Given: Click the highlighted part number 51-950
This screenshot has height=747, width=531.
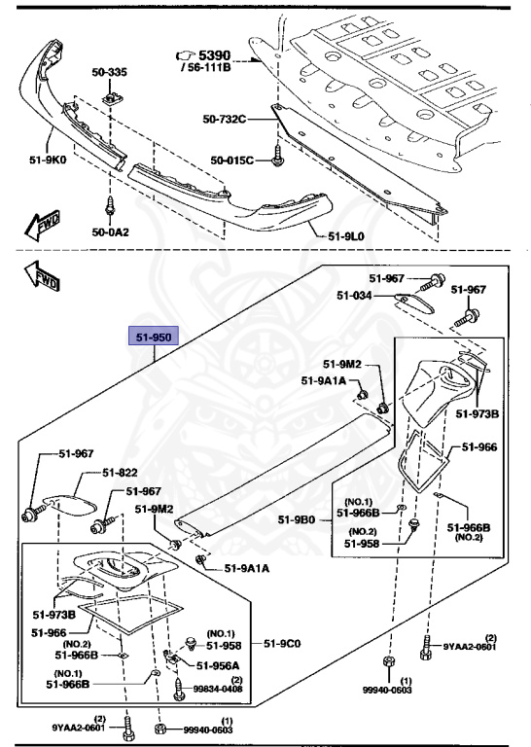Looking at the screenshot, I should coord(153,338).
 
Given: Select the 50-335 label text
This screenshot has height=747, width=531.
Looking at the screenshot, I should coord(110,71).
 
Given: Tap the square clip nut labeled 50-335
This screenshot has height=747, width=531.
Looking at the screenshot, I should coord(111,98).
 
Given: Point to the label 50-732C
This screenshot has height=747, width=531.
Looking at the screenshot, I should coord(225,120).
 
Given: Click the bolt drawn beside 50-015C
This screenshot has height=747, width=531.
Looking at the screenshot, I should coord(279,155).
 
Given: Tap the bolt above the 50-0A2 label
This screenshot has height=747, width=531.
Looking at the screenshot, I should coord(109,206).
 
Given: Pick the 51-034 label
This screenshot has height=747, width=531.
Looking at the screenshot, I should coord(353,296).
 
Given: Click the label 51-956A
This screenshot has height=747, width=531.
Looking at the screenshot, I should coord(218,666).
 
